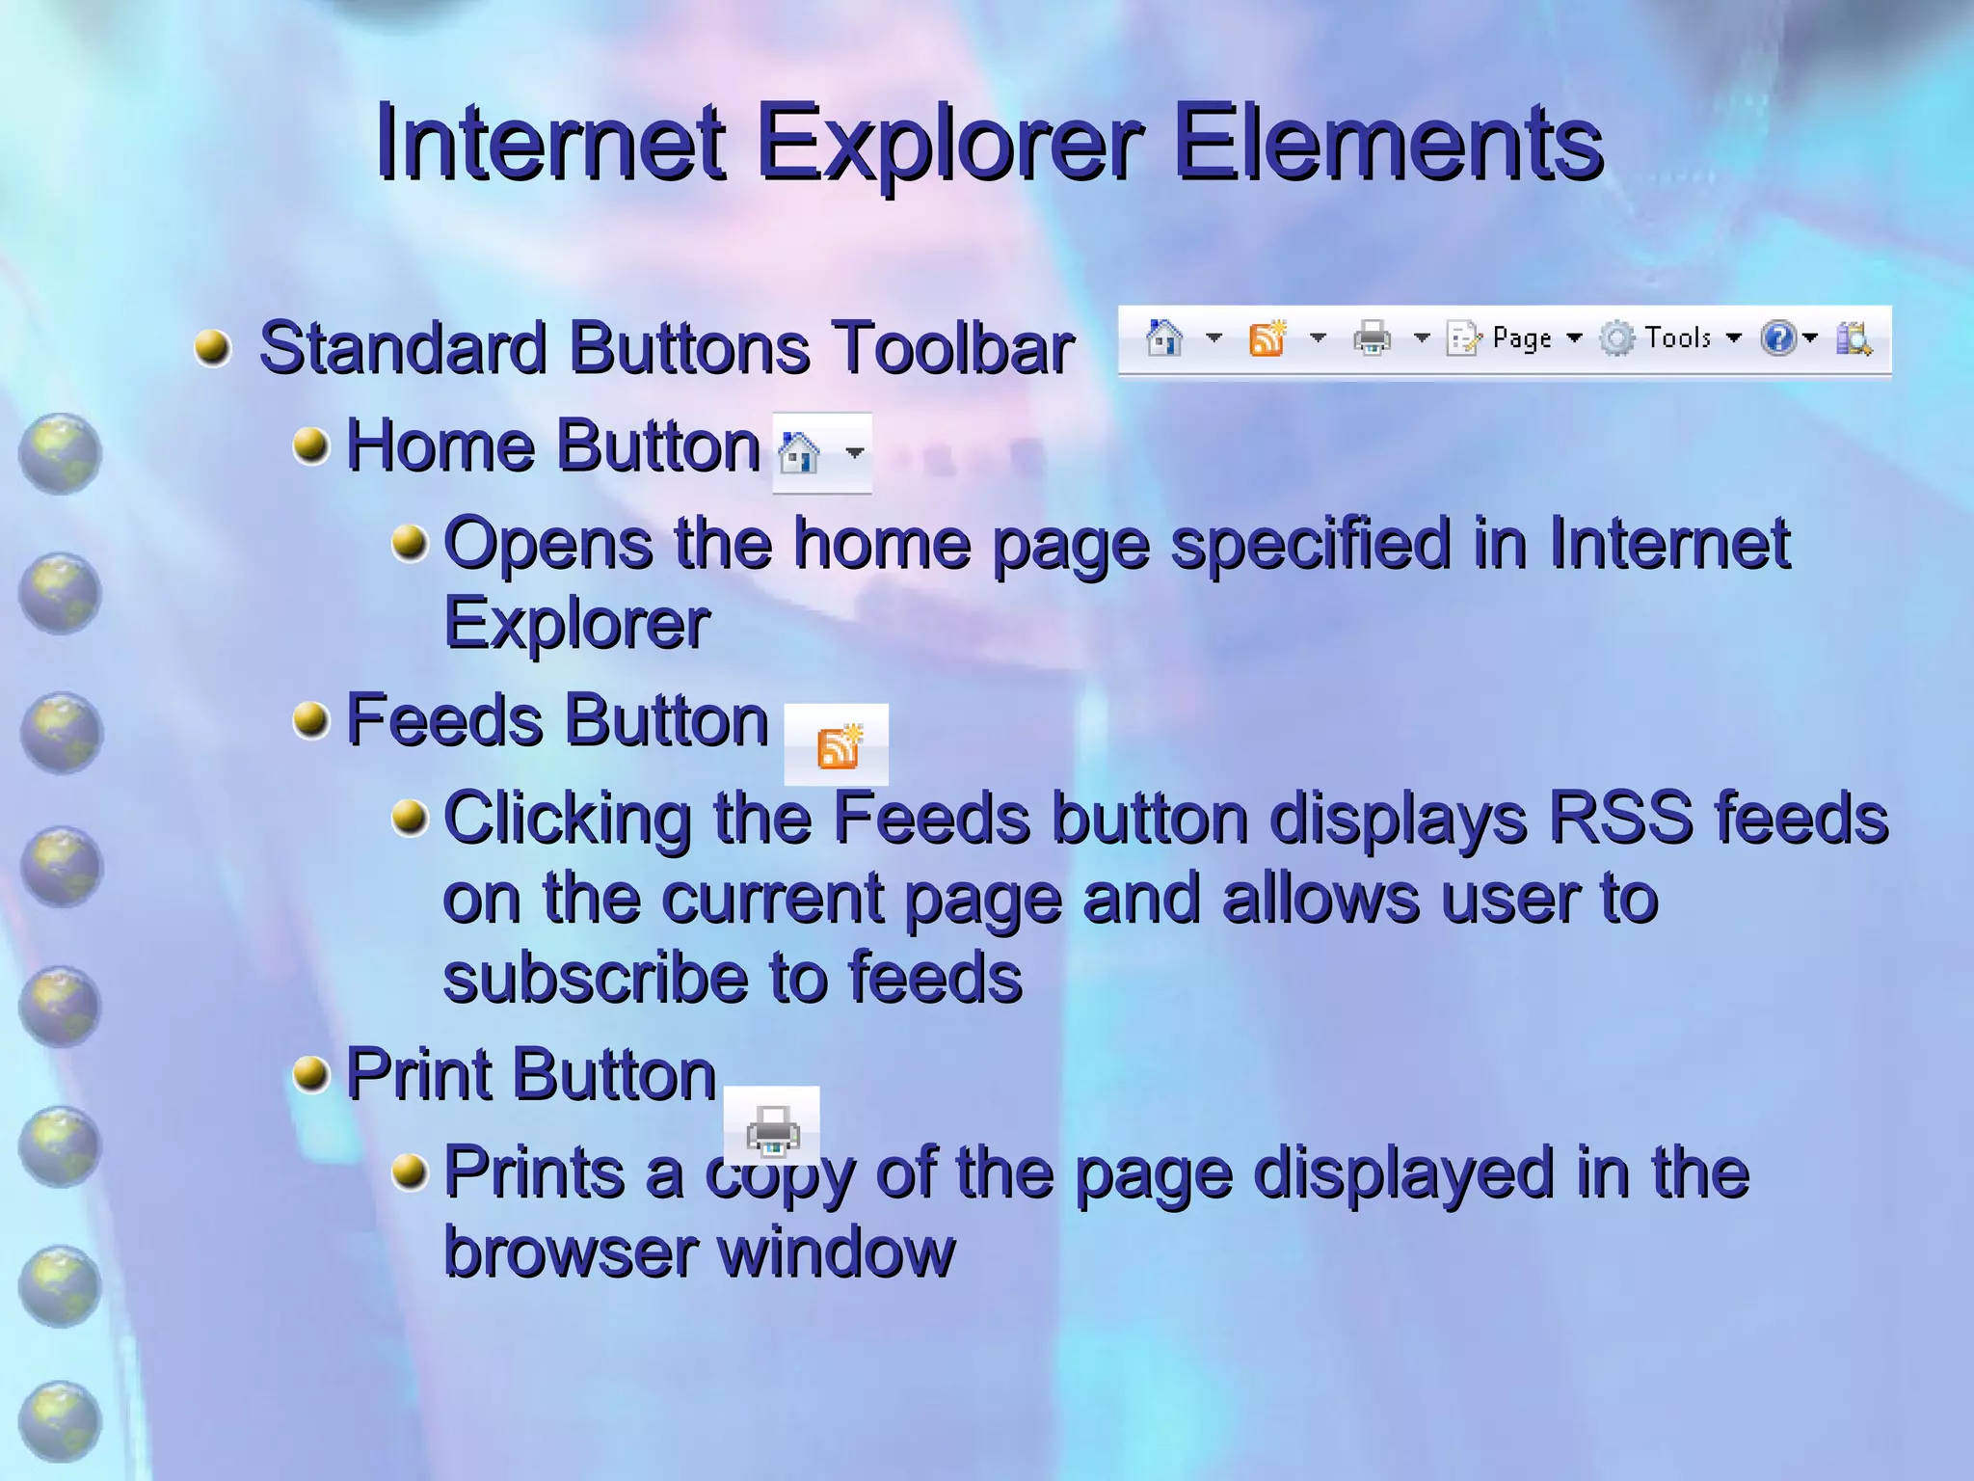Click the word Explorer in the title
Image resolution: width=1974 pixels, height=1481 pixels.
pos(949,145)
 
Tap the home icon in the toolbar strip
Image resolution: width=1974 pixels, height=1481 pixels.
pos(1163,338)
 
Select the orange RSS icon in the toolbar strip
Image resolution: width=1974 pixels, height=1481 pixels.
pos(1267,338)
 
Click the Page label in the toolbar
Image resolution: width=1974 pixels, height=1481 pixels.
pos(1521,338)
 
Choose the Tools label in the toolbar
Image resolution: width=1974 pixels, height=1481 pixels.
pos(1677,337)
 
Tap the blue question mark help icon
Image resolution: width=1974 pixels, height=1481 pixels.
pos(1777,338)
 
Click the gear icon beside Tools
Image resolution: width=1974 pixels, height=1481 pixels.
pos(1616,338)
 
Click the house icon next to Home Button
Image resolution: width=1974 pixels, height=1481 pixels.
pos(799,452)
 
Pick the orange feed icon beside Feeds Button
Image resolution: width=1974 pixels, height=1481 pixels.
pos(838,746)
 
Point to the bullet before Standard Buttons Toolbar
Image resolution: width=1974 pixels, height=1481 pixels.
pos(213,347)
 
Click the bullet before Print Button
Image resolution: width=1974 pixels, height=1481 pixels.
pos(310,1074)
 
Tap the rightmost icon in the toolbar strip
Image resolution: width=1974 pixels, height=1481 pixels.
pos(1853,338)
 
